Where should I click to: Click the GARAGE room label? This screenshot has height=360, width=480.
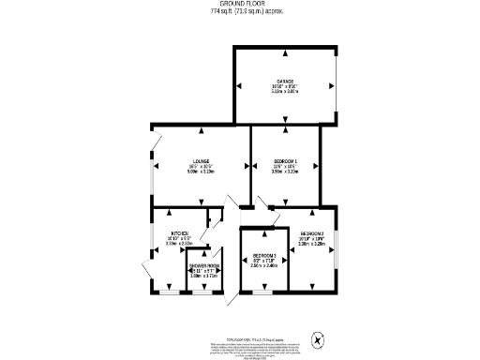(285, 82)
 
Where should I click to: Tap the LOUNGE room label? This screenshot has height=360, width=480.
(201, 160)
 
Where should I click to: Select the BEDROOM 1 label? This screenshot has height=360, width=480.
(284, 160)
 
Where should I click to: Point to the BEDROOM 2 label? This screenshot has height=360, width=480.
(312, 233)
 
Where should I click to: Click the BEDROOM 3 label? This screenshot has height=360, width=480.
(264, 255)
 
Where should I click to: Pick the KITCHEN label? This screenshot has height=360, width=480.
(179, 233)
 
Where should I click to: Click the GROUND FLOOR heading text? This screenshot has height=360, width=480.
(239, 5)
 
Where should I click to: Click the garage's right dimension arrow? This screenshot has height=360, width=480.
(333, 85)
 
